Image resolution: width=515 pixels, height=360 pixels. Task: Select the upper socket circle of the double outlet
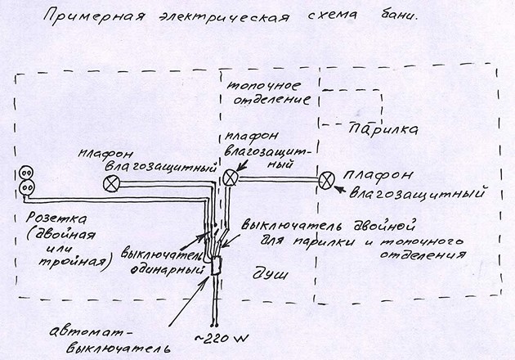(x=26, y=173)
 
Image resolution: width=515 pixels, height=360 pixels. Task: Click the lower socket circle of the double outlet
(x=27, y=188)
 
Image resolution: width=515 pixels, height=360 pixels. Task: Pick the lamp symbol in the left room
(x=111, y=183)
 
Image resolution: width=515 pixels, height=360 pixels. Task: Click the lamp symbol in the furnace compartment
(x=231, y=178)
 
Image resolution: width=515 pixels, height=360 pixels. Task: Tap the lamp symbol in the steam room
(x=326, y=181)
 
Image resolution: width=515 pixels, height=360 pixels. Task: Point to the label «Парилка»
(x=383, y=128)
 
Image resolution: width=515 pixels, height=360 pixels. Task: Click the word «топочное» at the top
(x=264, y=86)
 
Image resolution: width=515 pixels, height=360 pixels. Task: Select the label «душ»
(x=270, y=273)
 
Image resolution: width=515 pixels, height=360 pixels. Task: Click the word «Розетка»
(x=56, y=218)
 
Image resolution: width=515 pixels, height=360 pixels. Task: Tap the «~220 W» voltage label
(x=222, y=338)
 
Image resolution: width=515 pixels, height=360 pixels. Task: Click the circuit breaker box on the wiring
(x=216, y=266)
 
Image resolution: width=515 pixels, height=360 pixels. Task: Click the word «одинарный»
(x=167, y=269)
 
